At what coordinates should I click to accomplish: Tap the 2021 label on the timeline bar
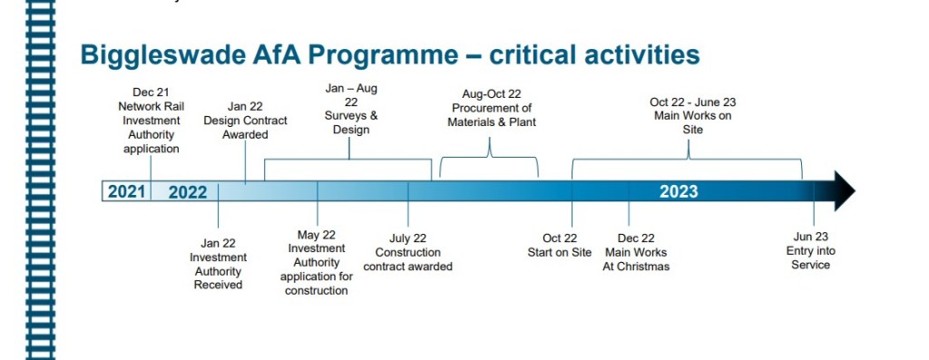[x=126, y=192]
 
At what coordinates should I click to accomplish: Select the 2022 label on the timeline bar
[x=188, y=192]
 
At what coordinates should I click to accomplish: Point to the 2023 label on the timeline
[x=679, y=191]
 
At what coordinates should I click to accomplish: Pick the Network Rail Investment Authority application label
[x=152, y=121]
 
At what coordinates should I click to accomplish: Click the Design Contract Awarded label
[x=245, y=121]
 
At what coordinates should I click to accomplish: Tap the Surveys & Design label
[x=351, y=109]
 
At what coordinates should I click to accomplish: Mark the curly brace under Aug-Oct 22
[x=489, y=158]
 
